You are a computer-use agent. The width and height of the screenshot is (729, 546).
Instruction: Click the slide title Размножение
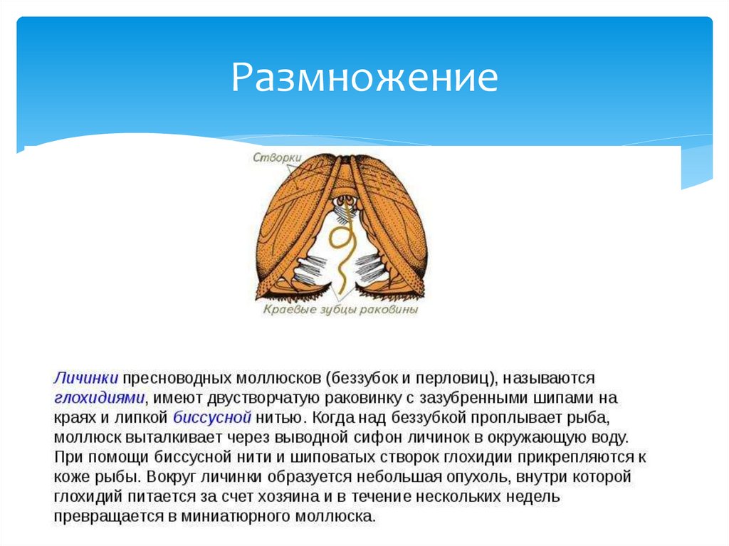coord(364,78)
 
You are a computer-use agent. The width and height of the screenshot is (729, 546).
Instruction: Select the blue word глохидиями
coord(99,397)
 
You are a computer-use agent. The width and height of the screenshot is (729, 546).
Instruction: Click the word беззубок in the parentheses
coord(364,378)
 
